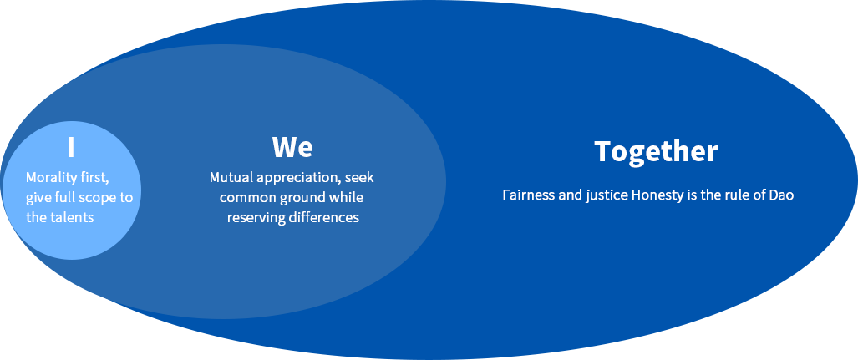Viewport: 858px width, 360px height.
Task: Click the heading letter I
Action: click(x=70, y=147)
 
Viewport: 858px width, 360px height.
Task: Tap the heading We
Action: click(x=292, y=147)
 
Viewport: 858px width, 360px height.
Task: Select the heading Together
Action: click(x=656, y=152)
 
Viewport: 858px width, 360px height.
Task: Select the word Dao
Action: click(x=782, y=195)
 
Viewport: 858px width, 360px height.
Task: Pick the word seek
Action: click(x=360, y=177)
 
